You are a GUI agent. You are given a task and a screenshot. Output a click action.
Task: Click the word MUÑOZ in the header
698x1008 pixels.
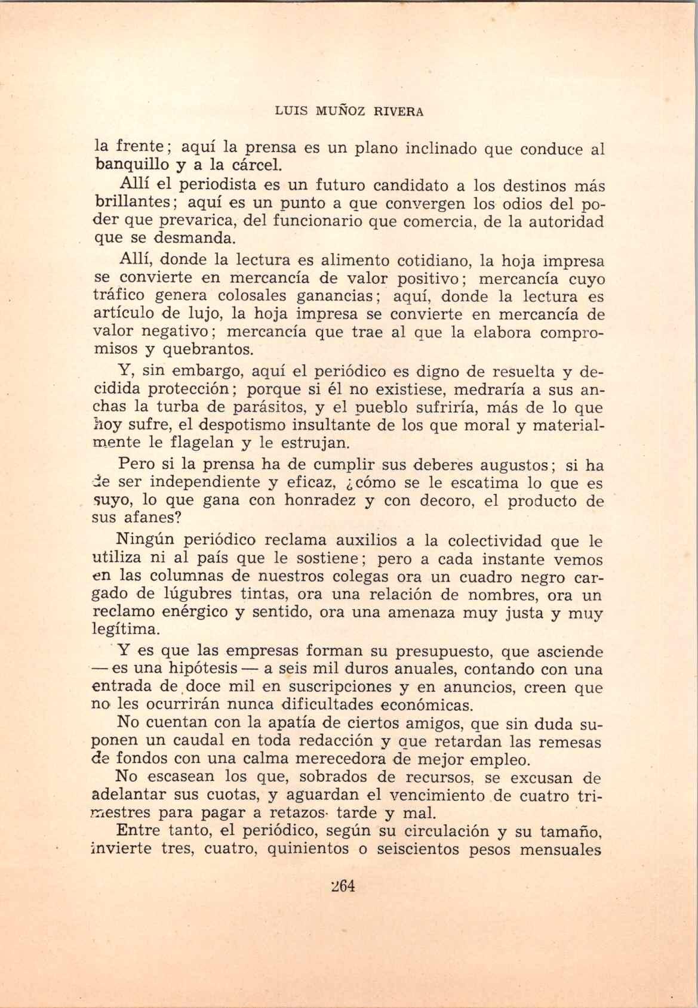336,112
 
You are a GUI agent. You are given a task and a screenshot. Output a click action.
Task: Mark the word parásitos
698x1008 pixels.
248,408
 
